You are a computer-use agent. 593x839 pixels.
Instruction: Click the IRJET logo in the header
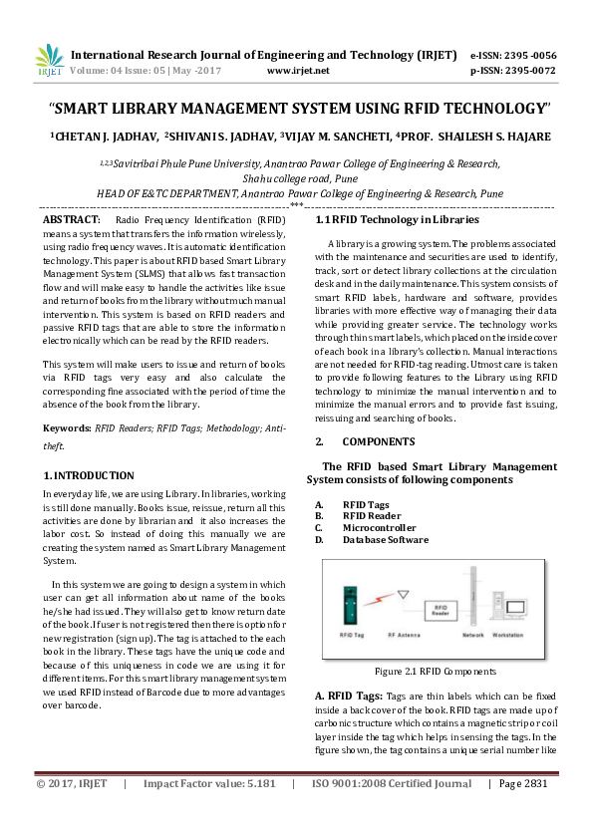click(49, 61)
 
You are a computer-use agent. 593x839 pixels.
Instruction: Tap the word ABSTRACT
click(72, 218)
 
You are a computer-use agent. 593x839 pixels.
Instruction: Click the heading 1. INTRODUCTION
click(89, 475)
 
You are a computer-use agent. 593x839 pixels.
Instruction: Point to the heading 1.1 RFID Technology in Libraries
click(383, 219)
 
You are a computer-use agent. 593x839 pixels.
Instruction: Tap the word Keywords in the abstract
click(66, 426)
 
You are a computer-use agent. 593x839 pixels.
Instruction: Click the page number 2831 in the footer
click(538, 812)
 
